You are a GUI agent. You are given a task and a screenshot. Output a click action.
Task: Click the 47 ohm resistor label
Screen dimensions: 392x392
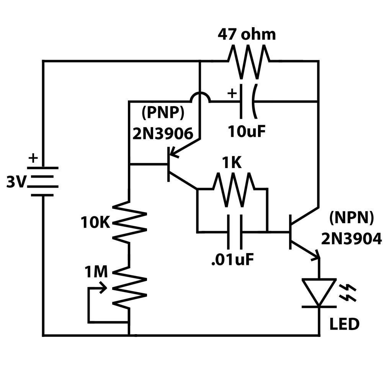(x=247, y=34)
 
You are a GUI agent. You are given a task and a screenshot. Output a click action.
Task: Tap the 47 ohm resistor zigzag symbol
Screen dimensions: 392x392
(x=248, y=61)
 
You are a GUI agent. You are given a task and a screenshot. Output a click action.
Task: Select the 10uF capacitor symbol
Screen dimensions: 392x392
(x=247, y=101)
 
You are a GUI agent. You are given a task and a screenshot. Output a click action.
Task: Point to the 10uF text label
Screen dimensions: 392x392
(x=247, y=131)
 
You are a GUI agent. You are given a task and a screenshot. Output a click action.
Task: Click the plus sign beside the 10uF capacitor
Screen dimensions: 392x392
(x=232, y=93)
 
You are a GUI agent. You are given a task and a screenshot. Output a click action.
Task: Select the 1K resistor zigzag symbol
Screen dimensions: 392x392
(x=233, y=189)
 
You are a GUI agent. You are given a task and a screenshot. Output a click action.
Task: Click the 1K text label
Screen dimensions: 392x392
(x=232, y=163)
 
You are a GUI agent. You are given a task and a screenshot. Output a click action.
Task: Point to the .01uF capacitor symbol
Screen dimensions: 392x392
(x=235, y=232)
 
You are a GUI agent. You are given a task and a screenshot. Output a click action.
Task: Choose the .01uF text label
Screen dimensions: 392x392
(x=232, y=260)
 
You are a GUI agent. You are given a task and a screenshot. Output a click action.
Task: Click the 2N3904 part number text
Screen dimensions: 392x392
(x=351, y=238)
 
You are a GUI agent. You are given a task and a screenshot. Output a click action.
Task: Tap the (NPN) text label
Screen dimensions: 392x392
(x=351, y=218)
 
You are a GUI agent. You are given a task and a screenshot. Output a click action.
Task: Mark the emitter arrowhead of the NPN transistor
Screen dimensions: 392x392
(x=316, y=255)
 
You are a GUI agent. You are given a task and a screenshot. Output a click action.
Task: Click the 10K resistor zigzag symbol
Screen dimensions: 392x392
(x=129, y=222)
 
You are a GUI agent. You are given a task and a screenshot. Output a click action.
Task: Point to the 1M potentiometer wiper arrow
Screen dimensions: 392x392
(x=103, y=288)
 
